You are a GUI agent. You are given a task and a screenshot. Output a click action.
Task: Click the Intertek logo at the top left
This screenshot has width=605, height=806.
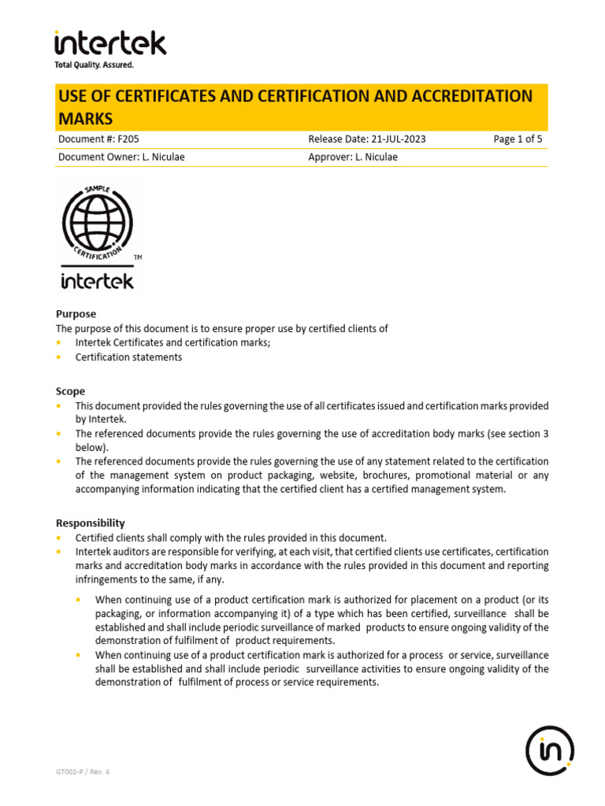[x=110, y=43]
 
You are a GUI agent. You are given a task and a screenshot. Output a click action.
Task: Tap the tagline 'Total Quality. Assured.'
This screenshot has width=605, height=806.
[x=94, y=65]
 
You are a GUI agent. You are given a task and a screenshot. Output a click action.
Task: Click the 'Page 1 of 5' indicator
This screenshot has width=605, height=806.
[x=518, y=139]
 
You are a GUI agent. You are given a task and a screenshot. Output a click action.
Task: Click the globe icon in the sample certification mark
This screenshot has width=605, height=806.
[x=97, y=220]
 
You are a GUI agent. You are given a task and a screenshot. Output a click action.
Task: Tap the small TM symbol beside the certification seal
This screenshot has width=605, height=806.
[x=138, y=257]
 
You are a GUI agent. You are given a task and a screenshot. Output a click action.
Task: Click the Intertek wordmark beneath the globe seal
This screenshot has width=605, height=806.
[x=97, y=279]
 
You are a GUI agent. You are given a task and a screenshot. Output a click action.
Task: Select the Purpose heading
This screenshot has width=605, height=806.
[x=76, y=314]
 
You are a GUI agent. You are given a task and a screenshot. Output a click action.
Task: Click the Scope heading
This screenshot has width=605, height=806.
[x=70, y=391]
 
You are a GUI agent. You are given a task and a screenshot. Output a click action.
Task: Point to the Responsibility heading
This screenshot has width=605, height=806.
[x=90, y=523]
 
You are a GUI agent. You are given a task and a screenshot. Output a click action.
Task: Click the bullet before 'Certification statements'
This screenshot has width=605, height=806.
[x=59, y=357]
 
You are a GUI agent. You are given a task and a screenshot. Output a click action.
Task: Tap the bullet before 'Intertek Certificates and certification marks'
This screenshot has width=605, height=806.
[x=59, y=343]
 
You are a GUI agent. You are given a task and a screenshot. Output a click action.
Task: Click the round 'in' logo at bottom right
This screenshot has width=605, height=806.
[x=549, y=749]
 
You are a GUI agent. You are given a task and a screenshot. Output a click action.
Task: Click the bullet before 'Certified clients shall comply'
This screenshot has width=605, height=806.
[x=59, y=538]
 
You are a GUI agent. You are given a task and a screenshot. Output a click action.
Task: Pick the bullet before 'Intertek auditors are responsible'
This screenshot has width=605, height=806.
[x=59, y=552]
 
